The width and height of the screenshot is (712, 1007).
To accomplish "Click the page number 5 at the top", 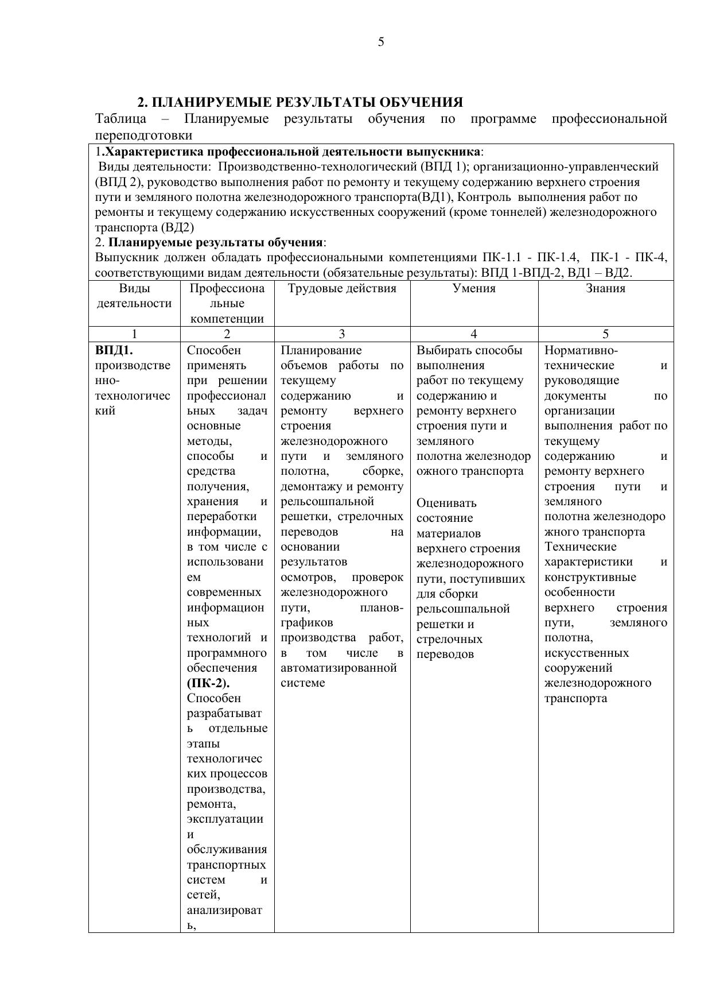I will point(381,42).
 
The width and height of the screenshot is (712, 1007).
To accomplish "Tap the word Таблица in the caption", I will point(120,119).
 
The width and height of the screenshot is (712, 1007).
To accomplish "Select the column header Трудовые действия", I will point(342,288).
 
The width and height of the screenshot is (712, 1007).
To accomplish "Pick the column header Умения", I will point(474,288).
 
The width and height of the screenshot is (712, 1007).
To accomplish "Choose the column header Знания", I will point(605,288).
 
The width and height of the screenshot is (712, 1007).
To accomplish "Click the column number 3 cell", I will point(342,334).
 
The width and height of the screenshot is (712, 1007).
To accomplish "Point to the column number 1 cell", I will point(134,334).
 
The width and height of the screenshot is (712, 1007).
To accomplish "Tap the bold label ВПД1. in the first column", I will point(114,350).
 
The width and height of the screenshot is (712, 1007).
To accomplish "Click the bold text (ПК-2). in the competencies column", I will point(208,683).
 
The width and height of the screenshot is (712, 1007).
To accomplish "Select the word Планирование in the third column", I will point(321,350).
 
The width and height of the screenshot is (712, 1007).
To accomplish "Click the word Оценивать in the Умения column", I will point(446,503).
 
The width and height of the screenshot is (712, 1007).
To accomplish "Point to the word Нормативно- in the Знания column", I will point(581,350).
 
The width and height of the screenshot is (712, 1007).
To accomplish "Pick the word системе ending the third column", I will point(303,683).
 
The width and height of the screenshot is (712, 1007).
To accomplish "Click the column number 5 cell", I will point(605,334).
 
